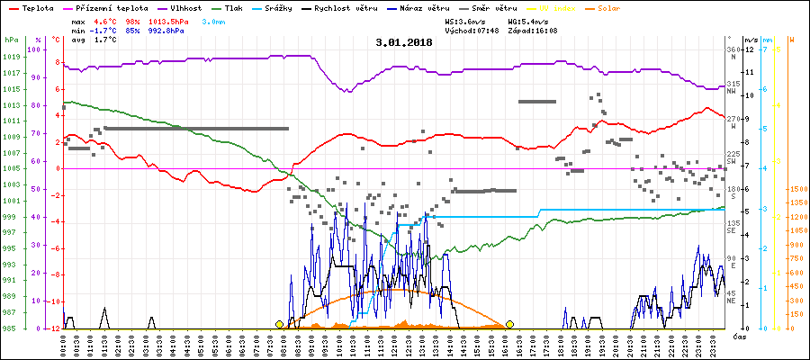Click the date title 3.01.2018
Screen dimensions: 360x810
[x=404, y=42]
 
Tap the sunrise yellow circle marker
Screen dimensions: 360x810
[x=280, y=324]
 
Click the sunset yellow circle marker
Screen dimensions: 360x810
[x=509, y=324]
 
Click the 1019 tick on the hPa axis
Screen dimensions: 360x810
[x=10, y=57]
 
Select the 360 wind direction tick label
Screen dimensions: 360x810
[x=733, y=49]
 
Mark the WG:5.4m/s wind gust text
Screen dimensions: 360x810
[x=533, y=20]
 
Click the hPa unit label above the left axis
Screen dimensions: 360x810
[x=10, y=40]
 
